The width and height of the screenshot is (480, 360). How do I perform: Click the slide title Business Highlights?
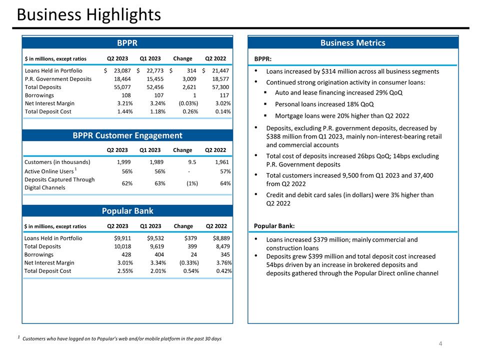pos(88,15)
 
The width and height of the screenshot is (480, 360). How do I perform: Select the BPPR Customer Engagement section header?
pos(127,135)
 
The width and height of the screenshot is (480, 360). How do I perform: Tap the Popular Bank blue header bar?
pos(127,210)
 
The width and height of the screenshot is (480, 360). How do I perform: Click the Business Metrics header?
pos(353,43)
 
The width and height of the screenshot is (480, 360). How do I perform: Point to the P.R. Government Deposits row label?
pos(58,79)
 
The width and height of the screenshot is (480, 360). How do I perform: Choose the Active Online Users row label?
pos(49,172)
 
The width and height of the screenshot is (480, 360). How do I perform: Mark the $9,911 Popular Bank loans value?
pos(123,238)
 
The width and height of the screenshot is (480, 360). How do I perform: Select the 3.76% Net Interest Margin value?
pos(221,262)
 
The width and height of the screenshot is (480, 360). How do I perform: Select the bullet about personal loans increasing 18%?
pos(324,104)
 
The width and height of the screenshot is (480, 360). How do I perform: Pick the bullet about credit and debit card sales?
pos(350,199)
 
